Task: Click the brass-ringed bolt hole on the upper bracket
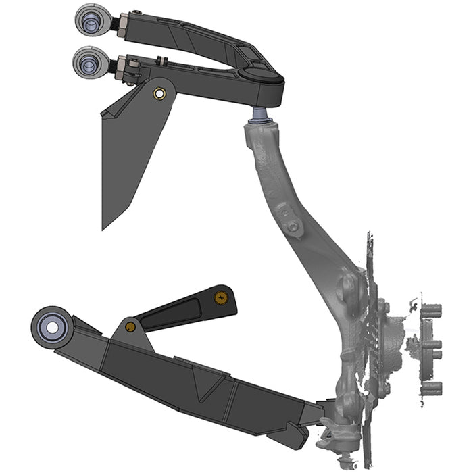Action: pyautogui.click(x=160, y=93)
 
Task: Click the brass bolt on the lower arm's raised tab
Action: pyautogui.click(x=130, y=327)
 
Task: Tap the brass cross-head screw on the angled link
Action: pyautogui.click(x=220, y=297)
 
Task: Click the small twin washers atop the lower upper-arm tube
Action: pyautogui.click(x=133, y=66)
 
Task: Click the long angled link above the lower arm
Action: pyautogui.click(x=182, y=310)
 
